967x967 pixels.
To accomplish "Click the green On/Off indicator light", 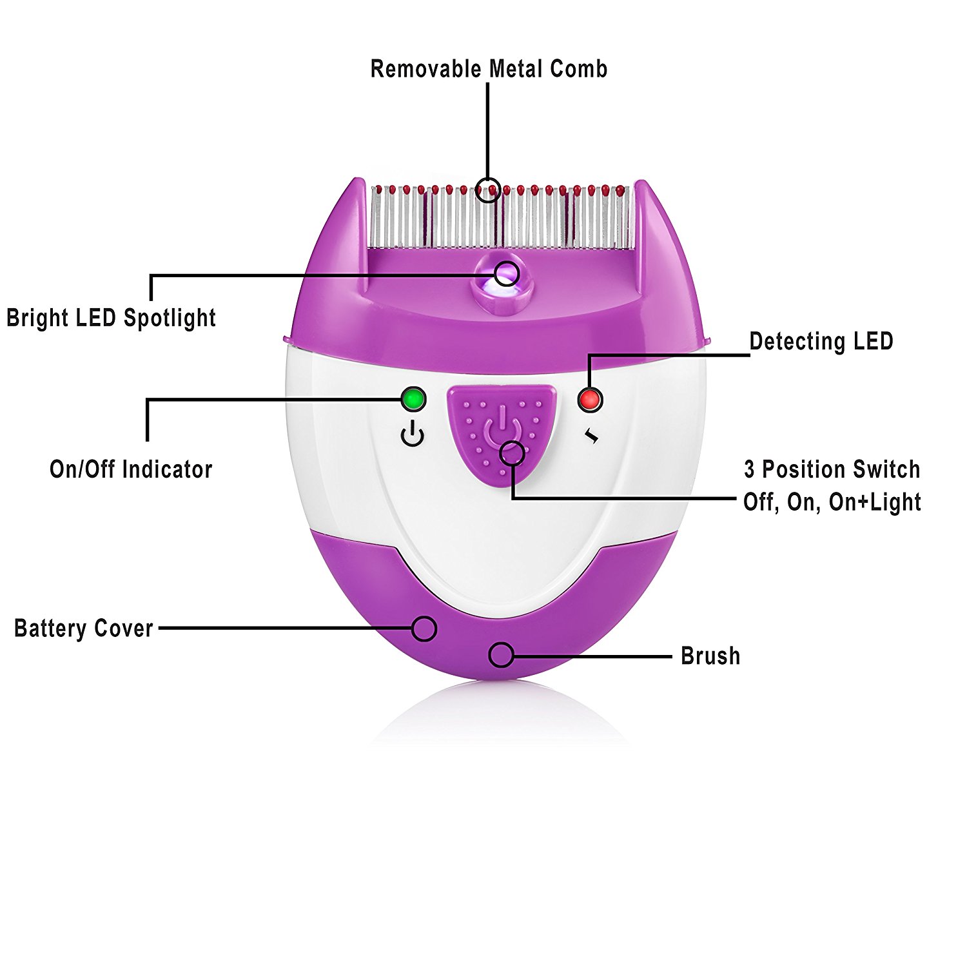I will point(413,400).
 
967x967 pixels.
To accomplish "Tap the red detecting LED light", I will point(589,400).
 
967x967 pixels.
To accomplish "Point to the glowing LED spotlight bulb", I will point(505,275).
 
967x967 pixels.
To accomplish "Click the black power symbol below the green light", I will point(413,435).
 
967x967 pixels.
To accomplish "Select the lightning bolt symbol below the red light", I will point(592,437).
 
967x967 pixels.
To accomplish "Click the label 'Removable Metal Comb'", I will point(489,69).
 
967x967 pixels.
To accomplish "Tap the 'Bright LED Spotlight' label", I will point(111,318).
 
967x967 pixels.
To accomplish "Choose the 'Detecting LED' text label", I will point(821,341).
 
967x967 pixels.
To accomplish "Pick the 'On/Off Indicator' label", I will point(131,469).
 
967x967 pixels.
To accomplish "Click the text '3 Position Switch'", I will point(832,469).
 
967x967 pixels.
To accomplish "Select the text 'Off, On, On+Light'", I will point(832,502).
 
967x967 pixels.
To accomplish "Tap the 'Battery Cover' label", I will point(84,629).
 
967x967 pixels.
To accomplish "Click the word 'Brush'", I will point(710,656).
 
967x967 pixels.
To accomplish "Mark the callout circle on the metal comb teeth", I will point(490,190).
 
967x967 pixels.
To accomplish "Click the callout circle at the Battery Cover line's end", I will point(424,629).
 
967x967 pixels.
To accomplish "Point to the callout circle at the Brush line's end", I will point(501,656).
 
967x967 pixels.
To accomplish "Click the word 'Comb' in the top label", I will point(578,69).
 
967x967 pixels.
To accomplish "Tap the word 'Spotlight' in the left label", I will point(170,318).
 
